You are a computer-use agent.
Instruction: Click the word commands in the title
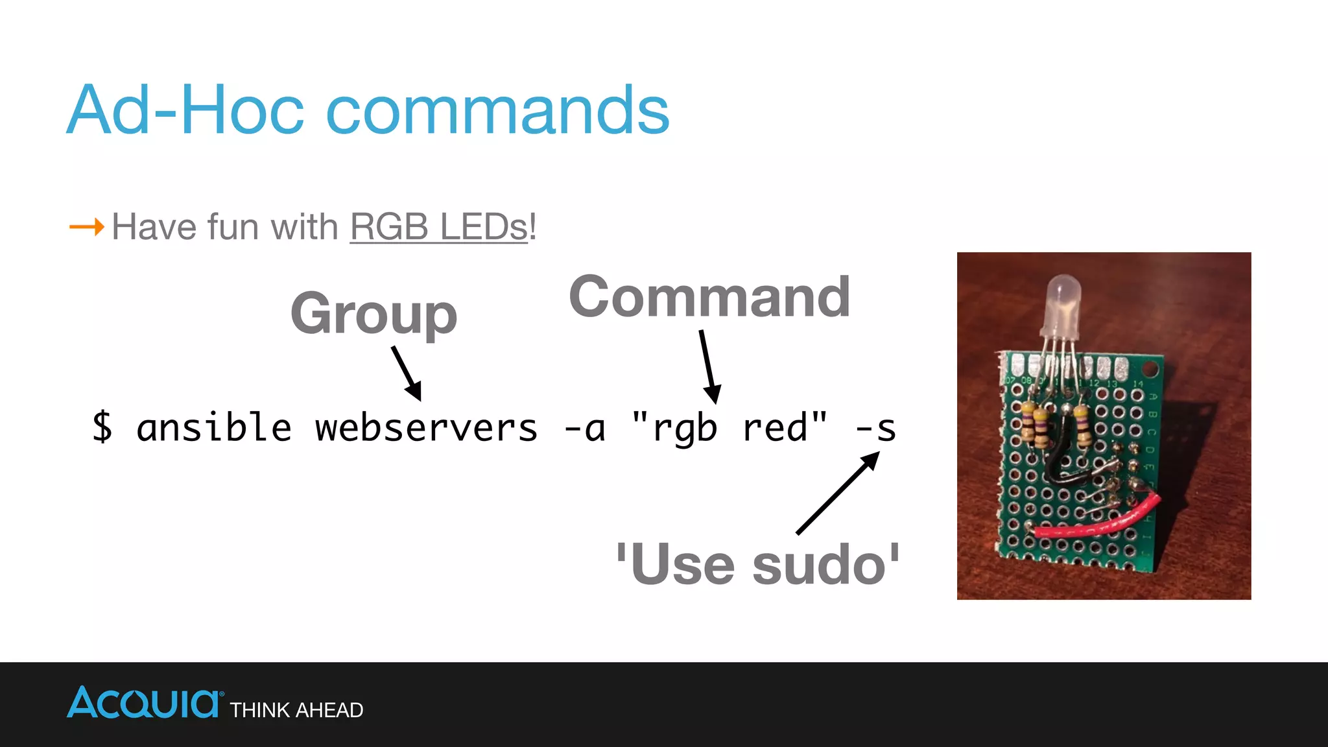point(497,112)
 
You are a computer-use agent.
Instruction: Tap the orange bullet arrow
point(86,227)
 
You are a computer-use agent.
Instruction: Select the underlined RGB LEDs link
point(439,227)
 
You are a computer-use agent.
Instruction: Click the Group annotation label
point(373,314)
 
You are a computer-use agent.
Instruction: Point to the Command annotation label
point(709,297)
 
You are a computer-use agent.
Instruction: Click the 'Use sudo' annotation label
point(757,564)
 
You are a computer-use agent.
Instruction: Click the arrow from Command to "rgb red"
point(709,366)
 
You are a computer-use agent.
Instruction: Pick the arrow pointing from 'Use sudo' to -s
point(837,493)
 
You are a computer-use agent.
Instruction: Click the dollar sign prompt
point(102,428)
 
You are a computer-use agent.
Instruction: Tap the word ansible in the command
point(214,428)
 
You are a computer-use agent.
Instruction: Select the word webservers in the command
point(426,428)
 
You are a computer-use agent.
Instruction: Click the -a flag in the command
point(585,428)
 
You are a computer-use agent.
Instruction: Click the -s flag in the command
point(876,428)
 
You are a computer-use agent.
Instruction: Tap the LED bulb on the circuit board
point(1063,302)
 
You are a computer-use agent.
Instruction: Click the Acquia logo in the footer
point(143,703)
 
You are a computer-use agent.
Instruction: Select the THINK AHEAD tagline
point(296,710)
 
